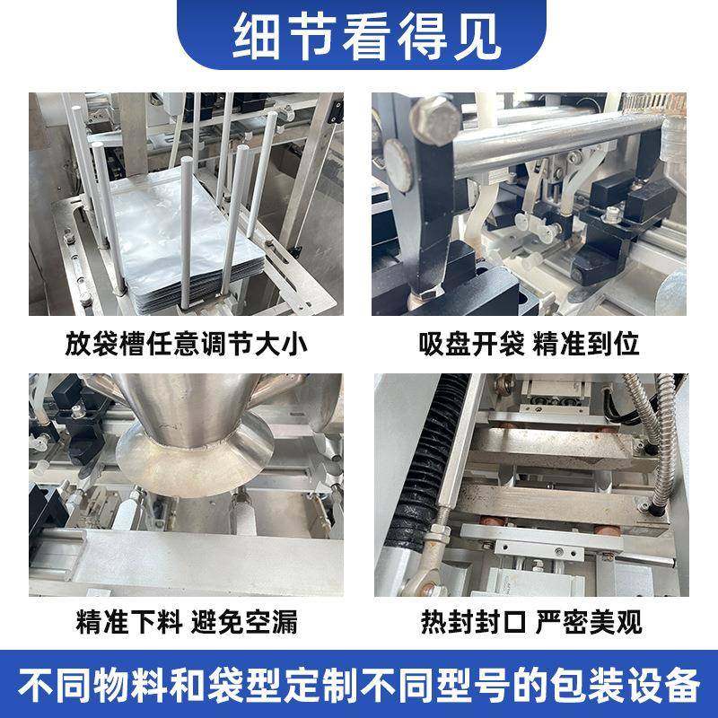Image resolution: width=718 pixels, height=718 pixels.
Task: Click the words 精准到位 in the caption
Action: click(597, 344)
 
